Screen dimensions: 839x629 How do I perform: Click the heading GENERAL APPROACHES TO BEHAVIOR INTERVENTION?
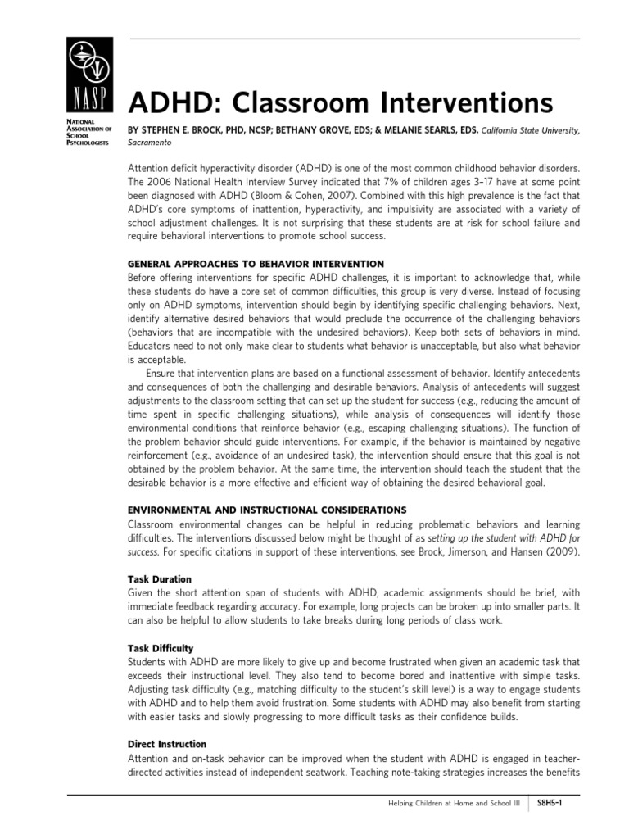pos(256,264)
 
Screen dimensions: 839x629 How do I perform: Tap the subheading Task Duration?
pos(160,578)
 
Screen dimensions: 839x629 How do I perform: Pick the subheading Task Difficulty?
pos(161,648)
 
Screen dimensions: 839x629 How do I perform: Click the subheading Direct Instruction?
pos(167,744)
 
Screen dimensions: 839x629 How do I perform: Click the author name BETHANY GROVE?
pos(314,129)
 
